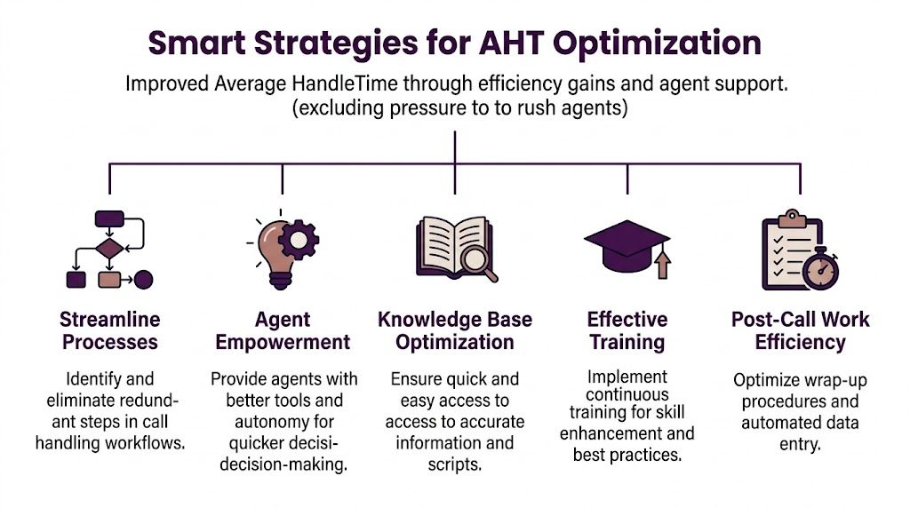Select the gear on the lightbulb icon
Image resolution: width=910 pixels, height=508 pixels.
coord(299,238)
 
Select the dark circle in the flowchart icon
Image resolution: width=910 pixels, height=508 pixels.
coord(143,280)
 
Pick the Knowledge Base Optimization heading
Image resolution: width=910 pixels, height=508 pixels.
coord(455,330)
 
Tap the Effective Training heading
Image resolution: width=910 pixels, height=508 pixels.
coord(627,330)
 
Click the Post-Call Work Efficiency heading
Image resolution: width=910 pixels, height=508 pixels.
coord(800,330)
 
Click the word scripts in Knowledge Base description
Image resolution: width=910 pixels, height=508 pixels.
coord(455,463)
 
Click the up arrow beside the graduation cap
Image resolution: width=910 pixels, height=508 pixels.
coord(661,265)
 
